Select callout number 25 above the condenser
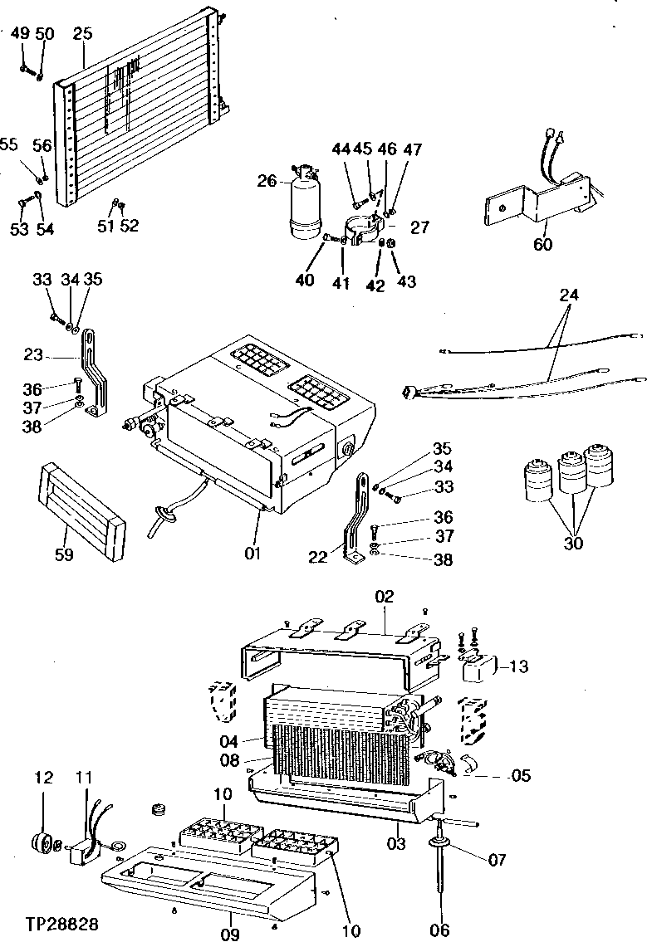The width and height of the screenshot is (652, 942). (x=82, y=34)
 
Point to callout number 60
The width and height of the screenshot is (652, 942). (x=542, y=243)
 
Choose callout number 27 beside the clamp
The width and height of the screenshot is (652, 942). (x=421, y=227)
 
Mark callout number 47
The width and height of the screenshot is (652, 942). (x=413, y=150)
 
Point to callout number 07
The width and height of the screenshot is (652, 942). (x=497, y=860)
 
